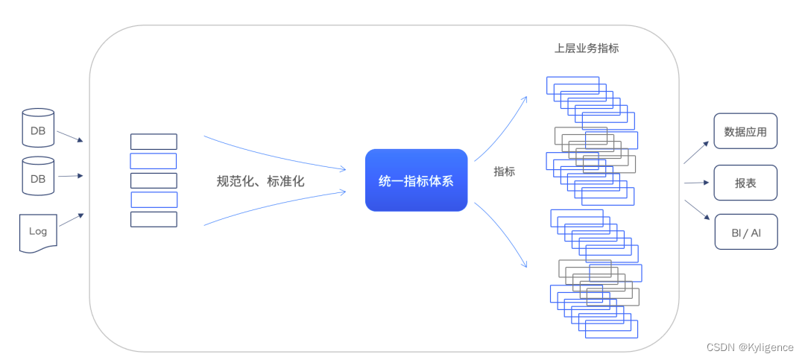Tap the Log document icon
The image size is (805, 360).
click(x=38, y=232)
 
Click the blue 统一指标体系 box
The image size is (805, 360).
click(x=416, y=180)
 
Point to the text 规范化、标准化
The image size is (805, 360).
click(x=260, y=181)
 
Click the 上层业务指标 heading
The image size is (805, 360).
click(x=587, y=48)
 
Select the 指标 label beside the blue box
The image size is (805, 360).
click(x=504, y=171)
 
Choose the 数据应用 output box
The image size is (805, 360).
click(x=745, y=132)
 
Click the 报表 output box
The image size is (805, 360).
click(x=745, y=183)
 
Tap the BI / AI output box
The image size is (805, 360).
click(x=745, y=232)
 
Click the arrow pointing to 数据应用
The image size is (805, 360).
click(x=695, y=152)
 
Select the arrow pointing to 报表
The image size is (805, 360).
click(x=695, y=183)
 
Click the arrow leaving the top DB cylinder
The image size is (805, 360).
click(x=69, y=137)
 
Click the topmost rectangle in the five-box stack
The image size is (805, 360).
click(x=154, y=142)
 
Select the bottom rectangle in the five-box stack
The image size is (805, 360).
click(x=154, y=219)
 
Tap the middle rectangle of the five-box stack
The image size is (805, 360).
click(x=154, y=180)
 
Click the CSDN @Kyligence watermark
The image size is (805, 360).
click(x=750, y=347)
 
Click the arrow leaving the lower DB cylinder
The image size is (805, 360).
click(x=69, y=176)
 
